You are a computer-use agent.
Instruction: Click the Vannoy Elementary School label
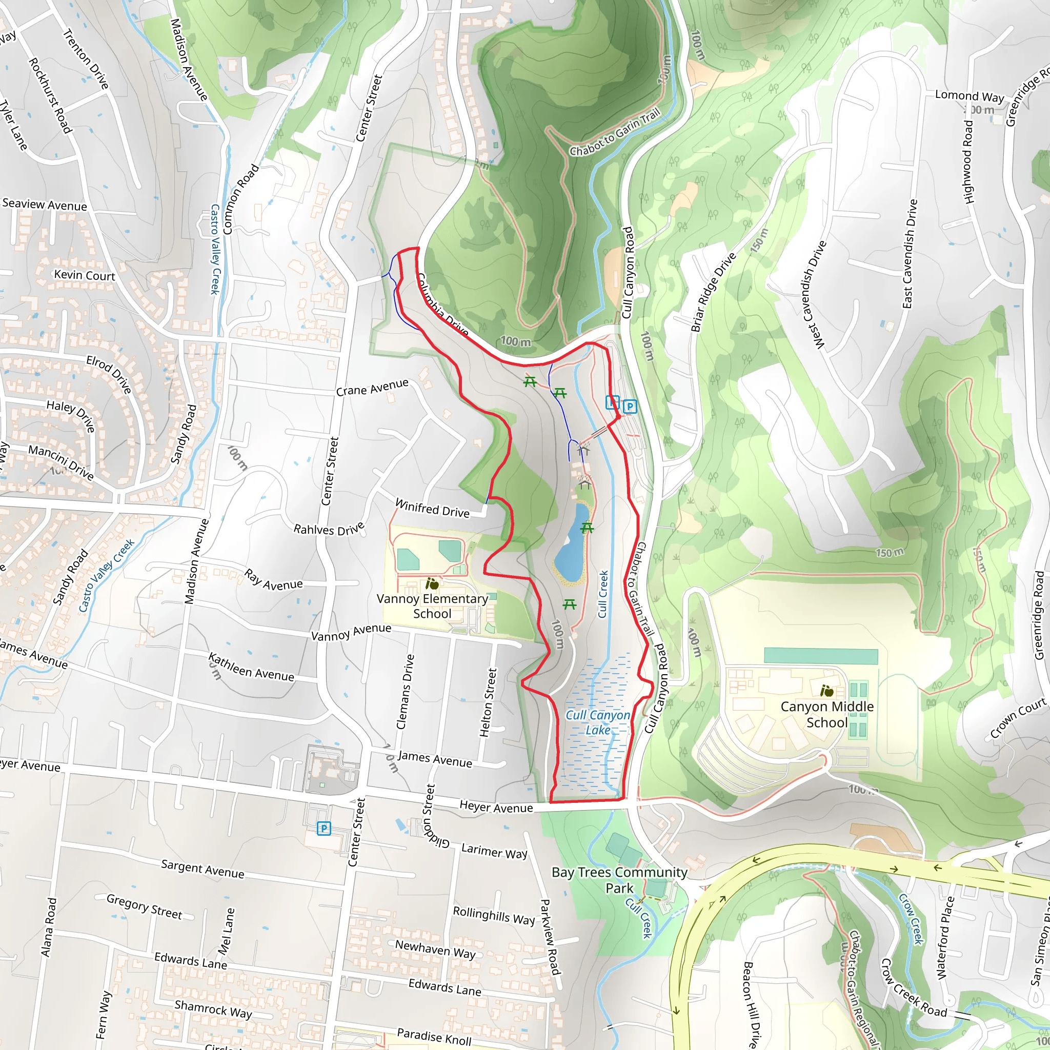click(x=432, y=606)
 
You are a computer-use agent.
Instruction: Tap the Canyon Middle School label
click(x=826, y=714)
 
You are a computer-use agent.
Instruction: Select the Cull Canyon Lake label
click(x=598, y=722)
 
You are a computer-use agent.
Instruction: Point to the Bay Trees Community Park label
click(x=619, y=880)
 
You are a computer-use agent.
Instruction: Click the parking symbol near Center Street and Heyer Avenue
click(x=324, y=829)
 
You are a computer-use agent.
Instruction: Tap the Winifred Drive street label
click(x=432, y=508)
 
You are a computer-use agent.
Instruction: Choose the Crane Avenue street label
click(x=372, y=388)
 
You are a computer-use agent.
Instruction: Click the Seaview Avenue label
click(x=45, y=205)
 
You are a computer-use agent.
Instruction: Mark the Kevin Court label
click(x=85, y=275)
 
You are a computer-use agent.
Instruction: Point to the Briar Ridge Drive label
click(x=713, y=292)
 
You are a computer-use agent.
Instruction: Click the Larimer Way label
click(x=494, y=851)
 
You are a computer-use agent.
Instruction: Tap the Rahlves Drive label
click(x=329, y=529)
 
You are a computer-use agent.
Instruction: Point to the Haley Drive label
click(x=71, y=415)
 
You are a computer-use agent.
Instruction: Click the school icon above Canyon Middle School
click(x=826, y=691)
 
